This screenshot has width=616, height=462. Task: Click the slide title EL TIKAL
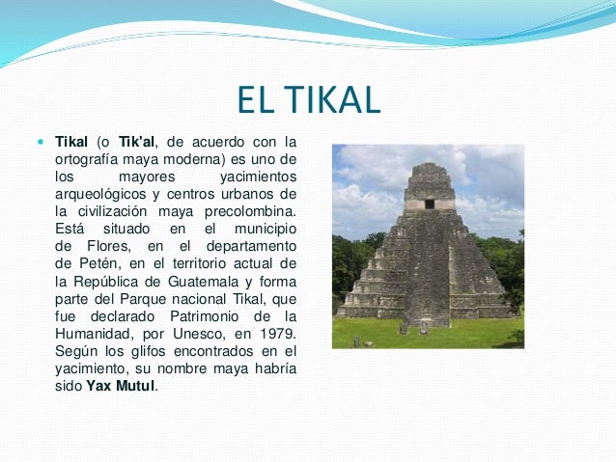coord(308,99)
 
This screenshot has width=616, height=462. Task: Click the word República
coord(107,281)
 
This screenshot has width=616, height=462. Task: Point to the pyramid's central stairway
coord(428,280)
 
